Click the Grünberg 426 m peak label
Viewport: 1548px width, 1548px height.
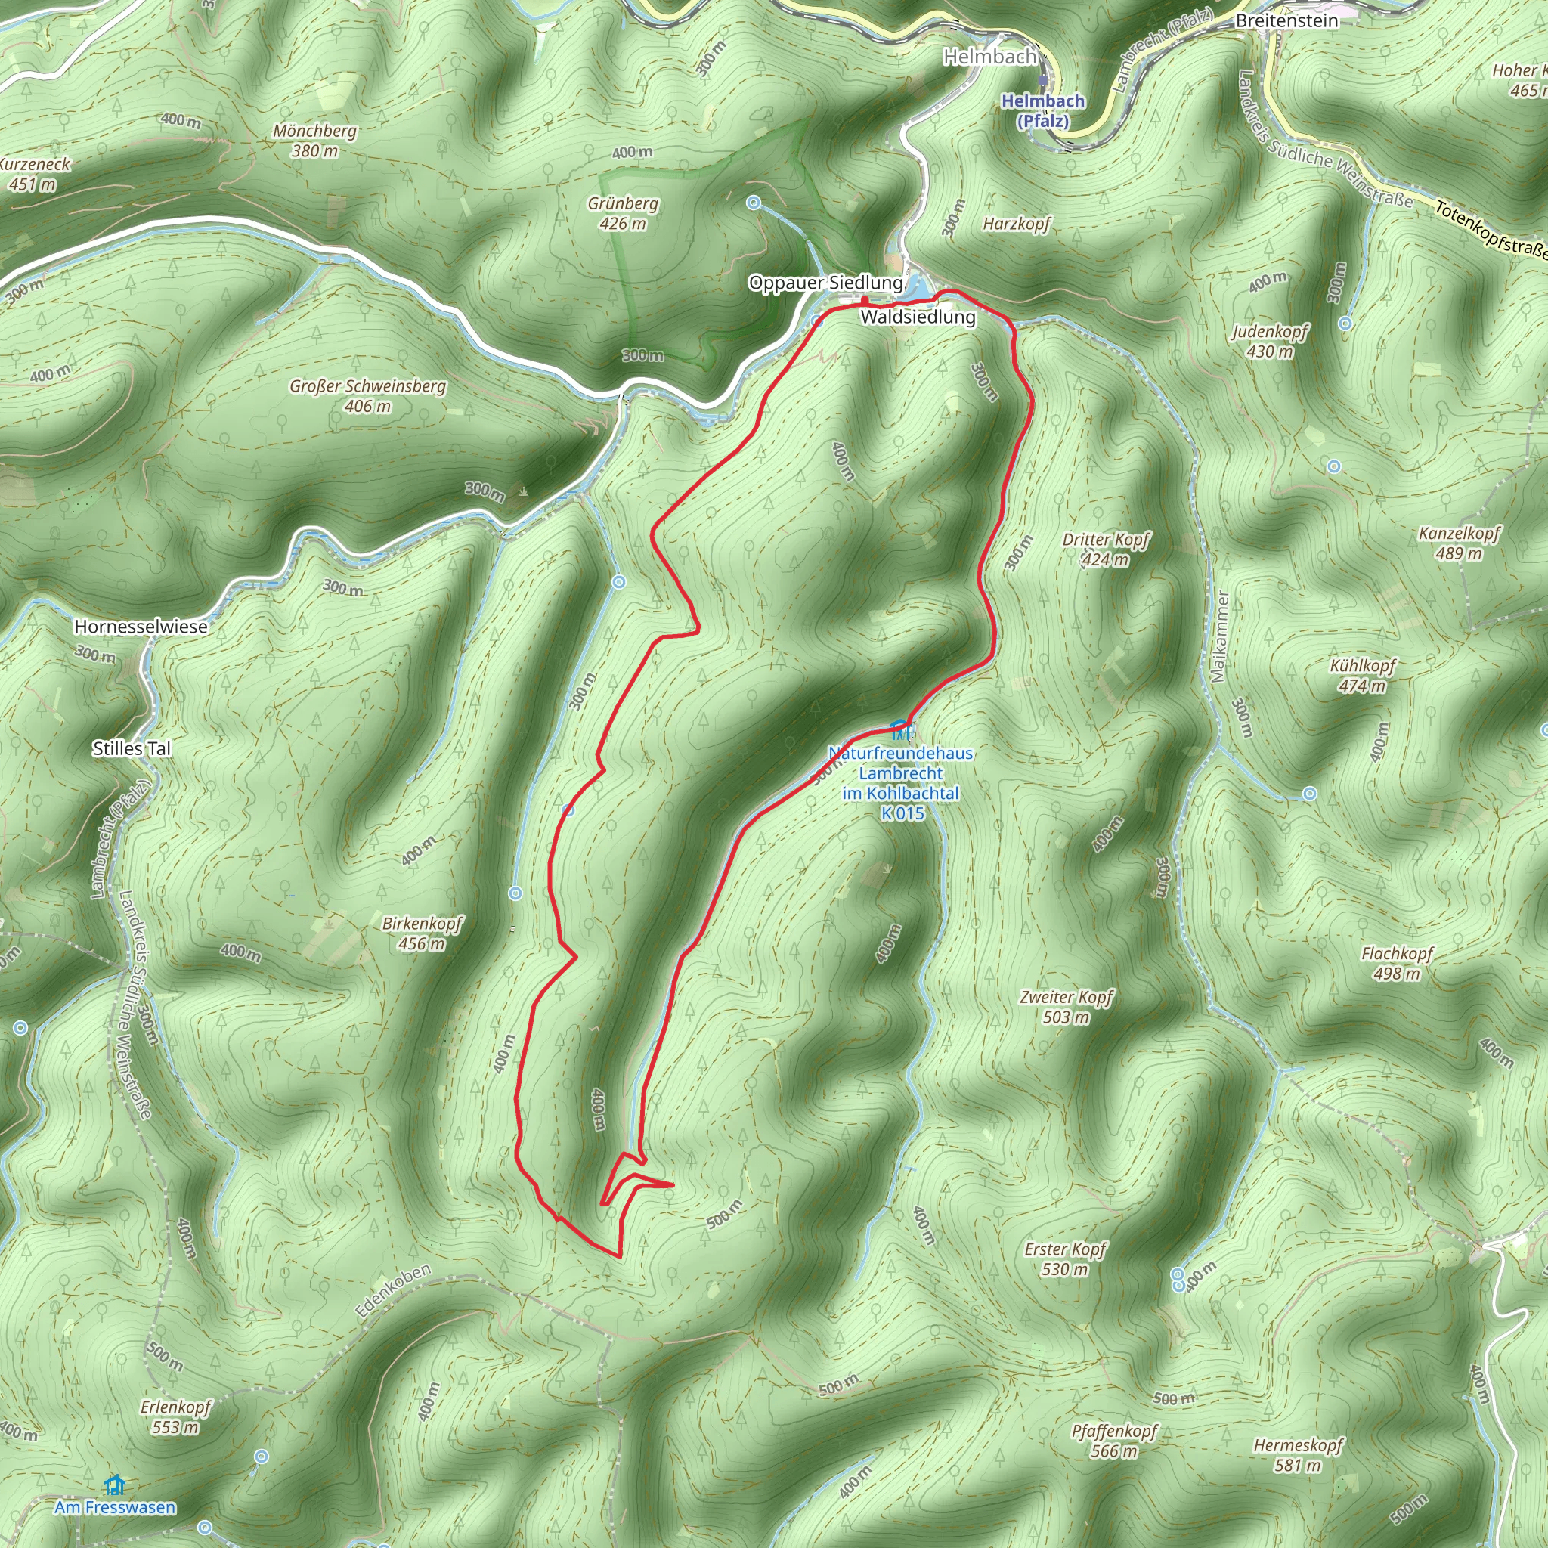pos(623,213)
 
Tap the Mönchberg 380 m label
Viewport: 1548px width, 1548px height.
pos(314,141)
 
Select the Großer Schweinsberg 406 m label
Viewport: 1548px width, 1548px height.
pos(368,396)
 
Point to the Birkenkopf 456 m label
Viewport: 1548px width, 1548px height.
pos(423,933)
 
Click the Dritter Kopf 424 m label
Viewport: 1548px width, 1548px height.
pos(1106,550)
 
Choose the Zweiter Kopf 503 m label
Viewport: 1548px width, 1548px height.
pos(1067,1007)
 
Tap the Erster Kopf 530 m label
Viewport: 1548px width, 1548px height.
pos(1065,1259)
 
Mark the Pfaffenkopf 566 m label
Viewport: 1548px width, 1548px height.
pos(1115,1441)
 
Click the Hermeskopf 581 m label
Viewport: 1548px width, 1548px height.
pos(1298,1455)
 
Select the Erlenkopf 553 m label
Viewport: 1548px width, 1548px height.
pos(175,1416)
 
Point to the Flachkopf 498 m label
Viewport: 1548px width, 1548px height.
pos(1397,963)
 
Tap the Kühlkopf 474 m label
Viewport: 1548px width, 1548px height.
pos(1362,676)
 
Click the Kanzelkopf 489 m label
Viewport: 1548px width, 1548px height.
pos(1459,543)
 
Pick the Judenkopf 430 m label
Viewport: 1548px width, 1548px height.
pos(1270,342)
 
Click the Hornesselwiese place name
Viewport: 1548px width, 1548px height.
pos(141,627)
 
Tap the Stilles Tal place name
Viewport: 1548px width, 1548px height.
pos(132,748)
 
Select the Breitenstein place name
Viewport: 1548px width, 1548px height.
pos(1286,21)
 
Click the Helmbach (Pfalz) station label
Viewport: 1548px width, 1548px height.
pos(1043,110)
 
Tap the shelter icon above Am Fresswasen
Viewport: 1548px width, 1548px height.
pos(116,1485)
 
